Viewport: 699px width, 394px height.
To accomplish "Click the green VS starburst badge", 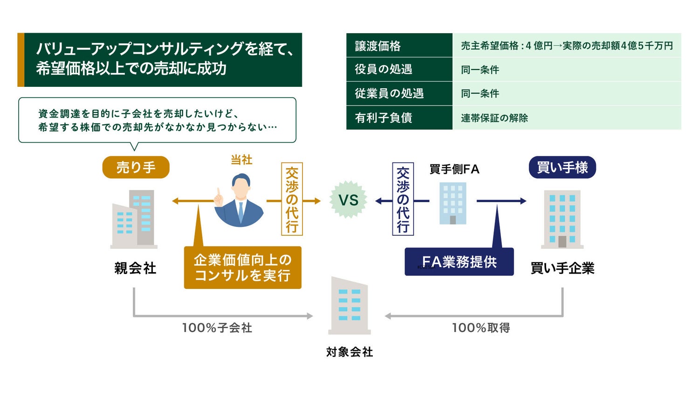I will (x=348, y=200).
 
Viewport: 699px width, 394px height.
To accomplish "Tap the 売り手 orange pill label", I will (x=136, y=167).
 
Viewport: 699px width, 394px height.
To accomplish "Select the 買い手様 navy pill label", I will (x=562, y=167).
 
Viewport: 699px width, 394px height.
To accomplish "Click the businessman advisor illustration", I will (x=239, y=201).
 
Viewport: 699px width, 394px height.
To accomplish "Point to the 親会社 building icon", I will (x=134, y=219).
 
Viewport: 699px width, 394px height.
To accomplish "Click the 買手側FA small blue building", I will (x=452, y=203).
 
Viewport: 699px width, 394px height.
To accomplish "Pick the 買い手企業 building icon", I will (x=562, y=219).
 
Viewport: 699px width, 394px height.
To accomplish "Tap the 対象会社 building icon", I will (x=349, y=306).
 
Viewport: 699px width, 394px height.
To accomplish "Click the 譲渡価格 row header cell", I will (x=399, y=46).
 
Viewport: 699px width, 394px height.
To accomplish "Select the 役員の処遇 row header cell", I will (x=399, y=70).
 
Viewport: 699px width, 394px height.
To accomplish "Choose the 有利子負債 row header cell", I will (x=399, y=118).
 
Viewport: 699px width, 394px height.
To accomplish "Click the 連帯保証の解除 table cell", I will (x=566, y=118).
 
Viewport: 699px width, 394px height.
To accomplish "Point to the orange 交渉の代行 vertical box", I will (x=292, y=199).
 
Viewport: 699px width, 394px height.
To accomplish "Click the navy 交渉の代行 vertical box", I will (x=403, y=199).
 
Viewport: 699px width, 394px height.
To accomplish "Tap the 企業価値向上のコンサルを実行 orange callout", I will (x=242, y=267).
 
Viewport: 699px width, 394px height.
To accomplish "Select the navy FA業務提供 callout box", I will (x=459, y=262).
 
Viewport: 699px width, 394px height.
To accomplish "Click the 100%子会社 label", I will (x=217, y=328).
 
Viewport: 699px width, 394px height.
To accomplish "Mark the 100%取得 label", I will (x=481, y=328).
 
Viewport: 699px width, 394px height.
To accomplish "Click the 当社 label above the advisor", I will (x=241, y=160).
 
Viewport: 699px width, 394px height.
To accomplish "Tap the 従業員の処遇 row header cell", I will (x=399, y=93).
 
